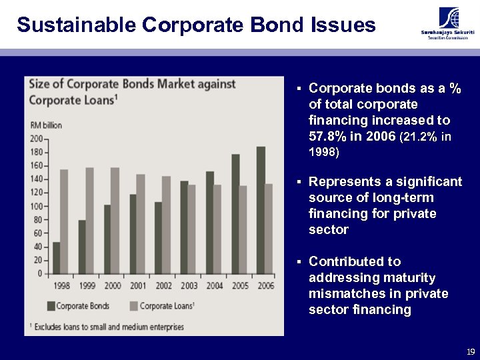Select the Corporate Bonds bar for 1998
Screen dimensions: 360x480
pyautogui.click(x=57, y=257)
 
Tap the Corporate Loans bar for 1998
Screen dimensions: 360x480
pyautogui.click(x=64, y=221)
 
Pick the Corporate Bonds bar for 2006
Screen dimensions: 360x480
pyautogui.click(x=261, y=210)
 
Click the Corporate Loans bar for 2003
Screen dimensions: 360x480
pyautogui.click(x=192, y=229)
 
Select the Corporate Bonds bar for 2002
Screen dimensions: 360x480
pyautogui.click(x=159, y=237)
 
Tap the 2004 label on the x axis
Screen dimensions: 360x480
pyautogui.click(x=214, y=285)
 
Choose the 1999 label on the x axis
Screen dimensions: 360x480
pyautogui.click(x=87, y=285)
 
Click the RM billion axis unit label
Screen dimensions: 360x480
pyautogui.click(x=46, y=125)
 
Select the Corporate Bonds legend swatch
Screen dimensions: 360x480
pyautogui.click(x=51, y=306)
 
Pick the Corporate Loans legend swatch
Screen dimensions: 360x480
pyautogui.click(x=133, y=306)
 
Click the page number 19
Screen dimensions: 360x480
pyautogui.click(x=471, y=351)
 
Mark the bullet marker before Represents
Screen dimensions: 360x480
pyautogui.click(x=300, y=183)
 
